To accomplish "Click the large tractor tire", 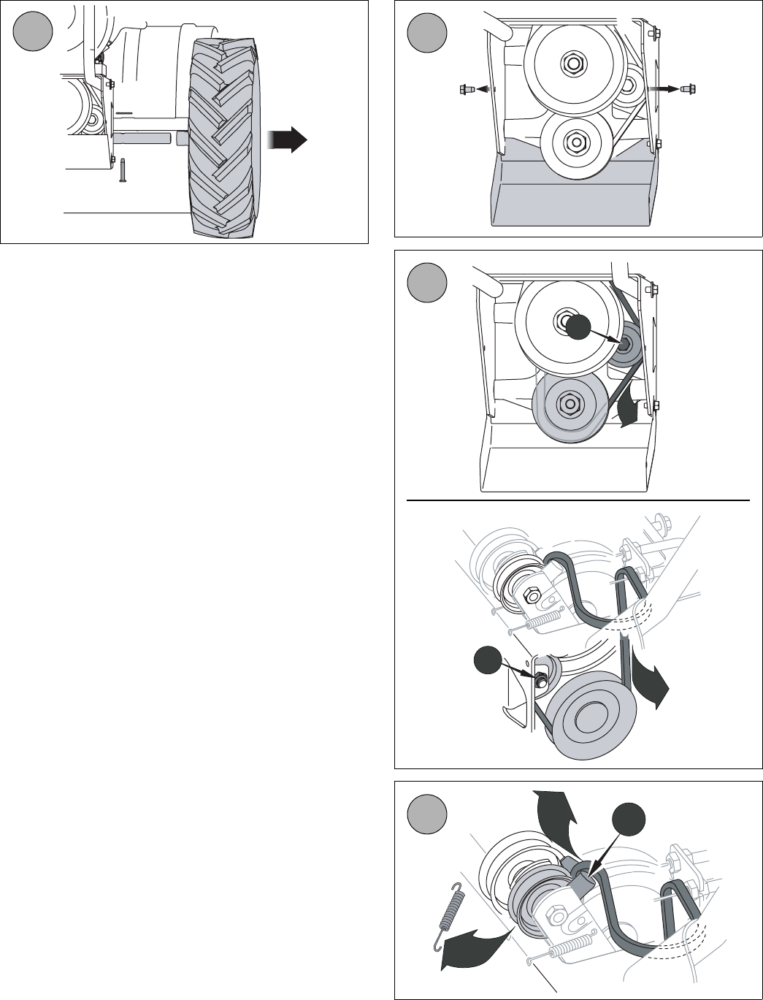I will click(226, 139).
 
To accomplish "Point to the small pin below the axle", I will click(123, 171).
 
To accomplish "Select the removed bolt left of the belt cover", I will click(465, 90).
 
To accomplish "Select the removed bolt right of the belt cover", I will click(687, 89).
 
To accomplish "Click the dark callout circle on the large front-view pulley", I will click(579, 327).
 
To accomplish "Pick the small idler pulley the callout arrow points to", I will click(625, 345).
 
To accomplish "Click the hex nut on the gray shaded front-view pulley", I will click(567, 402).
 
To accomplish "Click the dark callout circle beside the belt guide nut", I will click(487, 660).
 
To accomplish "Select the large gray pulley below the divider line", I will click(590, 720).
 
